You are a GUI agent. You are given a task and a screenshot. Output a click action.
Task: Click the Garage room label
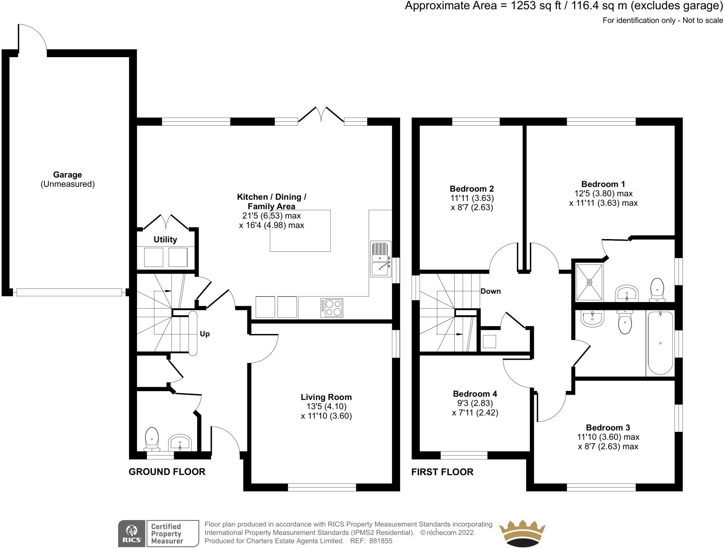[67, 175]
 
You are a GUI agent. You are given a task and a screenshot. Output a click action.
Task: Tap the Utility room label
[165, 240]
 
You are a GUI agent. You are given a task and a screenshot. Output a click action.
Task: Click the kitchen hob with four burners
[332, 308]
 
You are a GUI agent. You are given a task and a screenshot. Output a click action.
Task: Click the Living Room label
[326, 397]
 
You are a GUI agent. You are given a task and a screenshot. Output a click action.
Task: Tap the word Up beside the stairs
[205, 334]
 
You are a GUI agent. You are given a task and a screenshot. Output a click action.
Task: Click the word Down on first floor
[490, 291]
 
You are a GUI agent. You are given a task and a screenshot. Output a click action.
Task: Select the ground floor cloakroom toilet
[152, 439]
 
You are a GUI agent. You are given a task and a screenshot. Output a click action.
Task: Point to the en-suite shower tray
[589, 282]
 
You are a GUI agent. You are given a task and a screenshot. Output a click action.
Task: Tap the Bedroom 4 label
[475, 394]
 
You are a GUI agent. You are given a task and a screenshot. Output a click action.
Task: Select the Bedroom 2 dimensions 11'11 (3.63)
[472, 198]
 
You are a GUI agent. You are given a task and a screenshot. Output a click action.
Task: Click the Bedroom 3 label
[608, 428]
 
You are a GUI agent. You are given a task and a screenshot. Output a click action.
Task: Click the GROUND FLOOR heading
[167, 472]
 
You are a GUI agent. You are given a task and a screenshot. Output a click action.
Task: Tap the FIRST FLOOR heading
[442, 472]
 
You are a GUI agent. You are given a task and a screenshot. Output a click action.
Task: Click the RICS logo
[132, 533]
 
